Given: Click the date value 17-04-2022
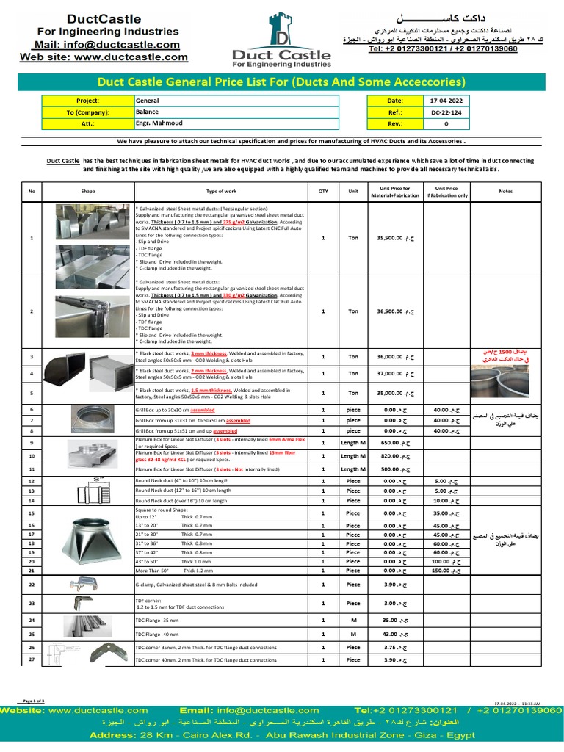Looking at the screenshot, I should coord(446,101).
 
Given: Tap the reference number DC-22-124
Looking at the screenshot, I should coord(446,112).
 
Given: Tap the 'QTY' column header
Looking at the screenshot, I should coord(323,191).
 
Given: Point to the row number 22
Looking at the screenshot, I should coord(32,585).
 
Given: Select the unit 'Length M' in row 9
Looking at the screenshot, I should coord(353,443).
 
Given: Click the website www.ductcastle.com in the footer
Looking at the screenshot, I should coord(98,711).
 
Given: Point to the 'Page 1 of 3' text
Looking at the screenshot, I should coord(34,701).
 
